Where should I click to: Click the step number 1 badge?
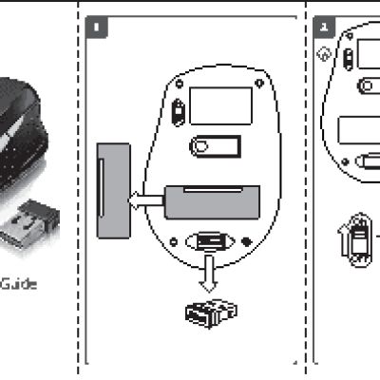pyautogui.click(x=97, y=28)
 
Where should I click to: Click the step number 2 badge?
pyautogui.click(x=322, y=28)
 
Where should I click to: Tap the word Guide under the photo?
pyautogui.click(x=20, y=283)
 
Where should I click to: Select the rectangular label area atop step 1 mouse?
pyautogui.click(x=221, y=104)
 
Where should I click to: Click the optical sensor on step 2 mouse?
pyautogui.click(x=366, y=86)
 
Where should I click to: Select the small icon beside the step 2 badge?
pyautogui.click(x=326, y=55)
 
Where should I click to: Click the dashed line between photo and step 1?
pyautogui.click(x=78, y=190)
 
